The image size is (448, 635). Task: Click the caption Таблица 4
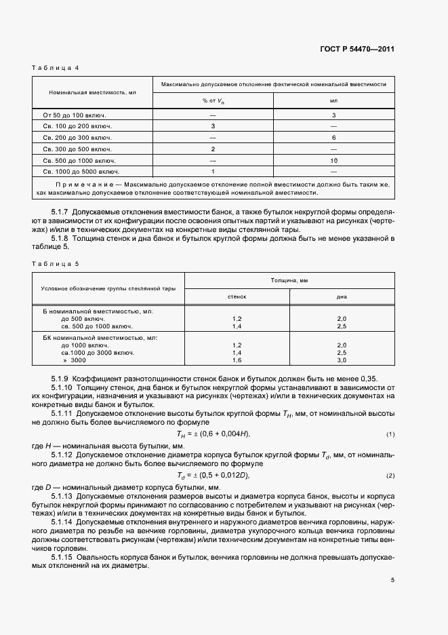click(56, 68)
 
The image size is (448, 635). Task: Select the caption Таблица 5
click(56, 263)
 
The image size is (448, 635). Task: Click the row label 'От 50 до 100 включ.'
click(70, 115)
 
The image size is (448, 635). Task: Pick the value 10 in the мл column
click(333, 161)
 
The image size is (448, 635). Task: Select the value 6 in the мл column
click(333, 138)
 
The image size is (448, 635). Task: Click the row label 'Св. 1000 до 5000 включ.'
click(77, 172)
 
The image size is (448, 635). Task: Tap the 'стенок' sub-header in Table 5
click(237, 296)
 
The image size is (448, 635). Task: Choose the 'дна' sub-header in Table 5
click(342, 296)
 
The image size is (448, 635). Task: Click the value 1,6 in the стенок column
click(237, 360)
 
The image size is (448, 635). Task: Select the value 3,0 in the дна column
click(342, 360)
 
